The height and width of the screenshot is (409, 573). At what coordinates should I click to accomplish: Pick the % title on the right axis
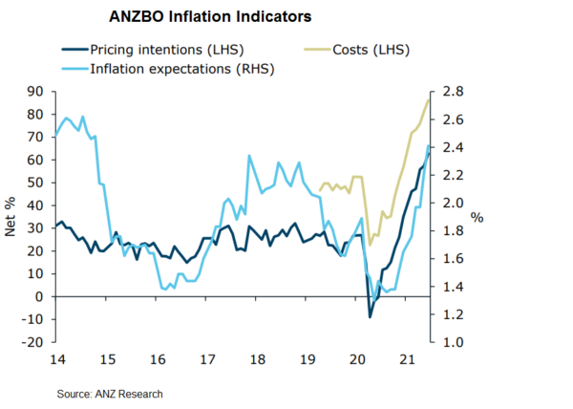(x=477, y=218)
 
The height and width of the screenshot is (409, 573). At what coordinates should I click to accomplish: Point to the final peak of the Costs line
(x=427, y=100)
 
